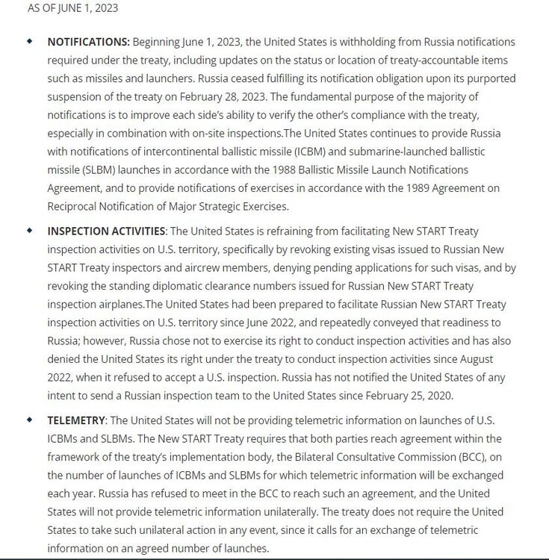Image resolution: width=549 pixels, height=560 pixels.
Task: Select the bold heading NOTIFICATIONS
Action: click(x=89, y=42)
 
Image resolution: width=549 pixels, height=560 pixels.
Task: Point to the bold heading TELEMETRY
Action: click(x=78, y=421)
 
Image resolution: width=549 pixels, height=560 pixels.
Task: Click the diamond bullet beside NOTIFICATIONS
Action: click(x=30, y=41)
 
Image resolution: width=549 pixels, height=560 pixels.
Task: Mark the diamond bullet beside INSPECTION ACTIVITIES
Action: click(x=30, y=231)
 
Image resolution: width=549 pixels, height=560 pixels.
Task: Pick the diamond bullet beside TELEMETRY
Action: click(x=30, y=420)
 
